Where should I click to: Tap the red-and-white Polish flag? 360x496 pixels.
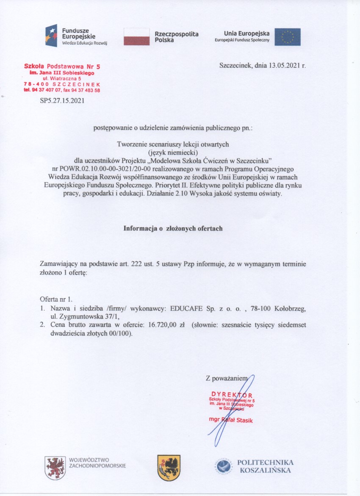point(136,36)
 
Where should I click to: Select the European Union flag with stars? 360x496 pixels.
point(288,37)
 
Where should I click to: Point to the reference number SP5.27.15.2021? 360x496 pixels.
point(62,100)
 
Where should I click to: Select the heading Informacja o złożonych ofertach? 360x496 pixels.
point(173,228)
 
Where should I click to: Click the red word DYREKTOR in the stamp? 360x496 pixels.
point(232,394)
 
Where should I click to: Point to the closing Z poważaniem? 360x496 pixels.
point(225,378)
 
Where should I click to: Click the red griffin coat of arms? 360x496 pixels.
point(55,468)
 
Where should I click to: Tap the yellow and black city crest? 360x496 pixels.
point(169,468)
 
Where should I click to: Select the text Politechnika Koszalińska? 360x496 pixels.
point(265,466)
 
